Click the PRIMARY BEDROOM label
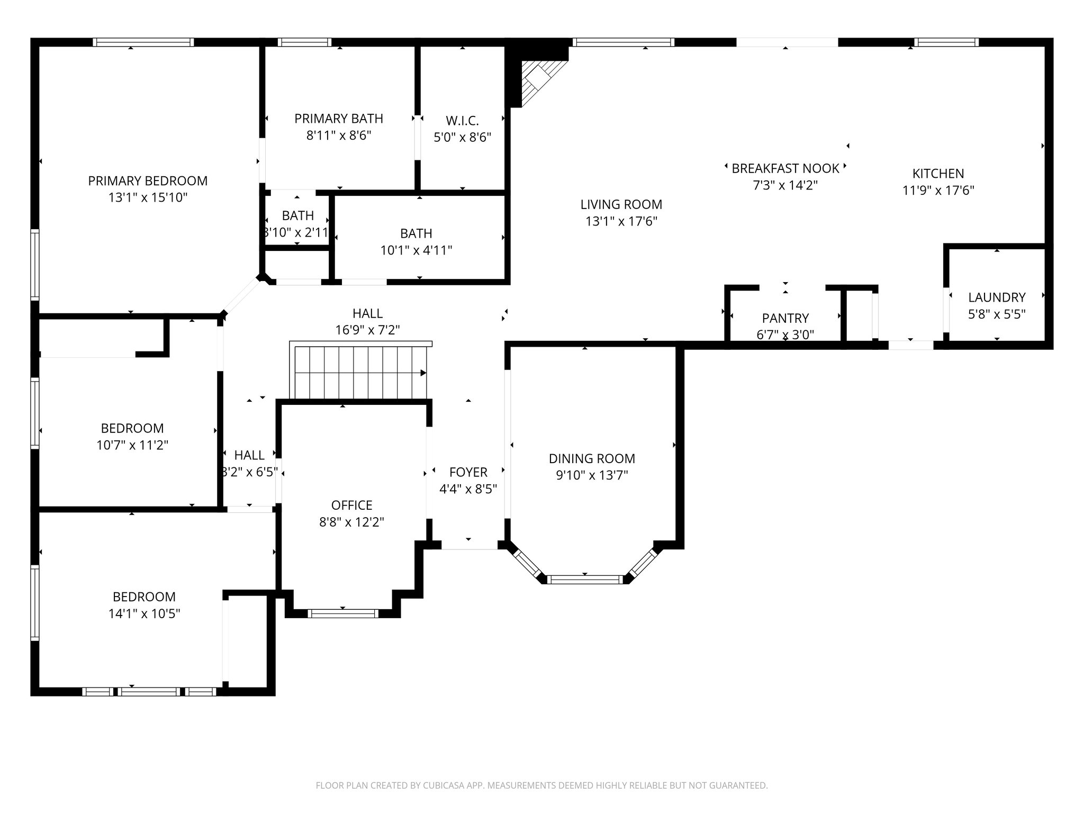coord(148,181)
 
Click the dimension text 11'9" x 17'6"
coord(938,191)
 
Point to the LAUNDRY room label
coord(997,297)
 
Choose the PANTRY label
coord(785,318)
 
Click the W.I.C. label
coord(462,121)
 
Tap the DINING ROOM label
coord(592,459)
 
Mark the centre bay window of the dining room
coord(585,580)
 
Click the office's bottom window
coord(343,613)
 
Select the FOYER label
coord(468,472)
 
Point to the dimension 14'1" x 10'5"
coord(144,614)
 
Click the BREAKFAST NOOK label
coord(785,169)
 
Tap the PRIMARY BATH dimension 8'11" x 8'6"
coord(339,135)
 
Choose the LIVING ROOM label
coord(621,204)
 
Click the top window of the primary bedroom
coord(143,42)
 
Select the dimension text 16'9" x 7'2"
coord(367,330)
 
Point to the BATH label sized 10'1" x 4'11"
coord(416,233)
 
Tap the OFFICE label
coord(351,505)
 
